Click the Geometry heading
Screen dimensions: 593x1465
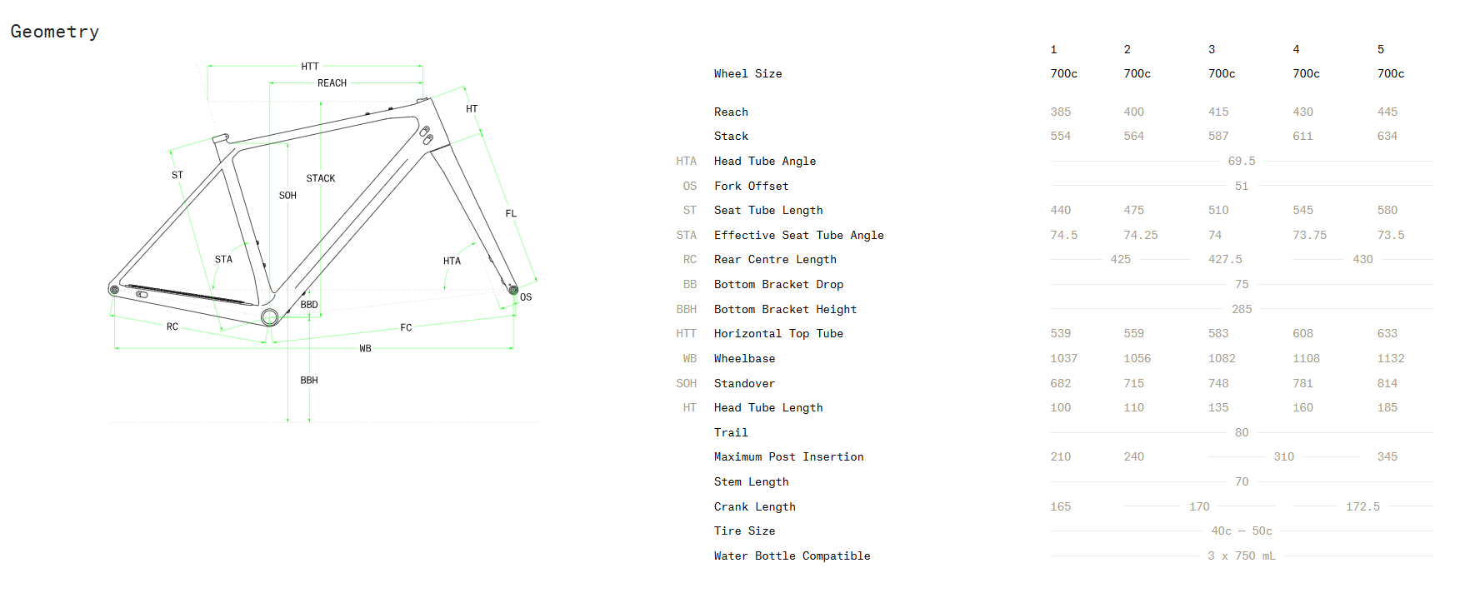tap(55, 32)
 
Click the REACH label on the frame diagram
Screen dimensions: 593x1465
tap(332, 83)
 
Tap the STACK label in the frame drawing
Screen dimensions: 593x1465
tap(320, 178)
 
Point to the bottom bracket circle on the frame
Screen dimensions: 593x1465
tap(269, 316)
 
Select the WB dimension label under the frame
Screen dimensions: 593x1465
tap(365, 348)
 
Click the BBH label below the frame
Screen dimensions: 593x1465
tap(309, 380)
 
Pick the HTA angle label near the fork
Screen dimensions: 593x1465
tap(452, 261)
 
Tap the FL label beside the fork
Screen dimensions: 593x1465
tap(511, 213)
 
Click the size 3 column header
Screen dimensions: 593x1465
tap(1212, 50)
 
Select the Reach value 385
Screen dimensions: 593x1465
tap(1060, 112)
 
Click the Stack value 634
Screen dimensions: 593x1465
tap(1387, 136)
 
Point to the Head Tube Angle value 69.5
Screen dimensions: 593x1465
tap(1241, 161)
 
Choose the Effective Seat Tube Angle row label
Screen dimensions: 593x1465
tap(798, 235)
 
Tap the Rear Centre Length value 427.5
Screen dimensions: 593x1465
tap(1225, 259)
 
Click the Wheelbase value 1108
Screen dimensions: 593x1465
tap(1306, 358)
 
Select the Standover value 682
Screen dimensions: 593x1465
tap(1060, 383)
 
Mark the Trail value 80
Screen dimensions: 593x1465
tap(1241, 432)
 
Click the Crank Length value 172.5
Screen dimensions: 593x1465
tap(1362, 506)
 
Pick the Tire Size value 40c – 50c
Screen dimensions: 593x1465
tap(1241, 531)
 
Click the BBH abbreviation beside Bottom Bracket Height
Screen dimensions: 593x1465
tap(686, 309)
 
